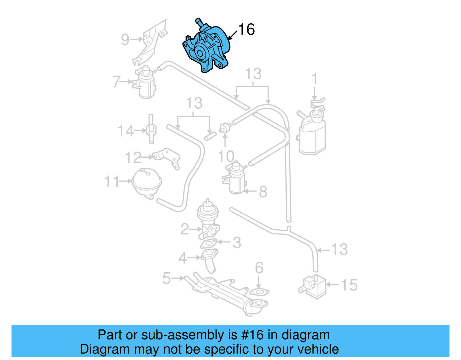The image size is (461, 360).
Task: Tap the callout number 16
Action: point(246,29)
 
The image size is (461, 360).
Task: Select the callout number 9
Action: point(125,39)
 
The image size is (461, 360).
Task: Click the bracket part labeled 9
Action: point(151,42)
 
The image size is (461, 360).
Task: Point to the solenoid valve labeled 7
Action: point(146,82)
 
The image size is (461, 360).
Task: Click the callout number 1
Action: point(315,78)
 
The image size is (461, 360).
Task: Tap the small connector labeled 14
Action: point(151,130)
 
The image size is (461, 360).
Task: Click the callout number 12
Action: point(133,158)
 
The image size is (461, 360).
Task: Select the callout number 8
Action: point(263,191)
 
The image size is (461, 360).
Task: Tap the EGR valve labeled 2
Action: point(208,220)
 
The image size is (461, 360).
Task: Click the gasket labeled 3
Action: point(209,244)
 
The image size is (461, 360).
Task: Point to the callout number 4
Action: point(183,258)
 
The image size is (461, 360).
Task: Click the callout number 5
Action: point(167,278)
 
